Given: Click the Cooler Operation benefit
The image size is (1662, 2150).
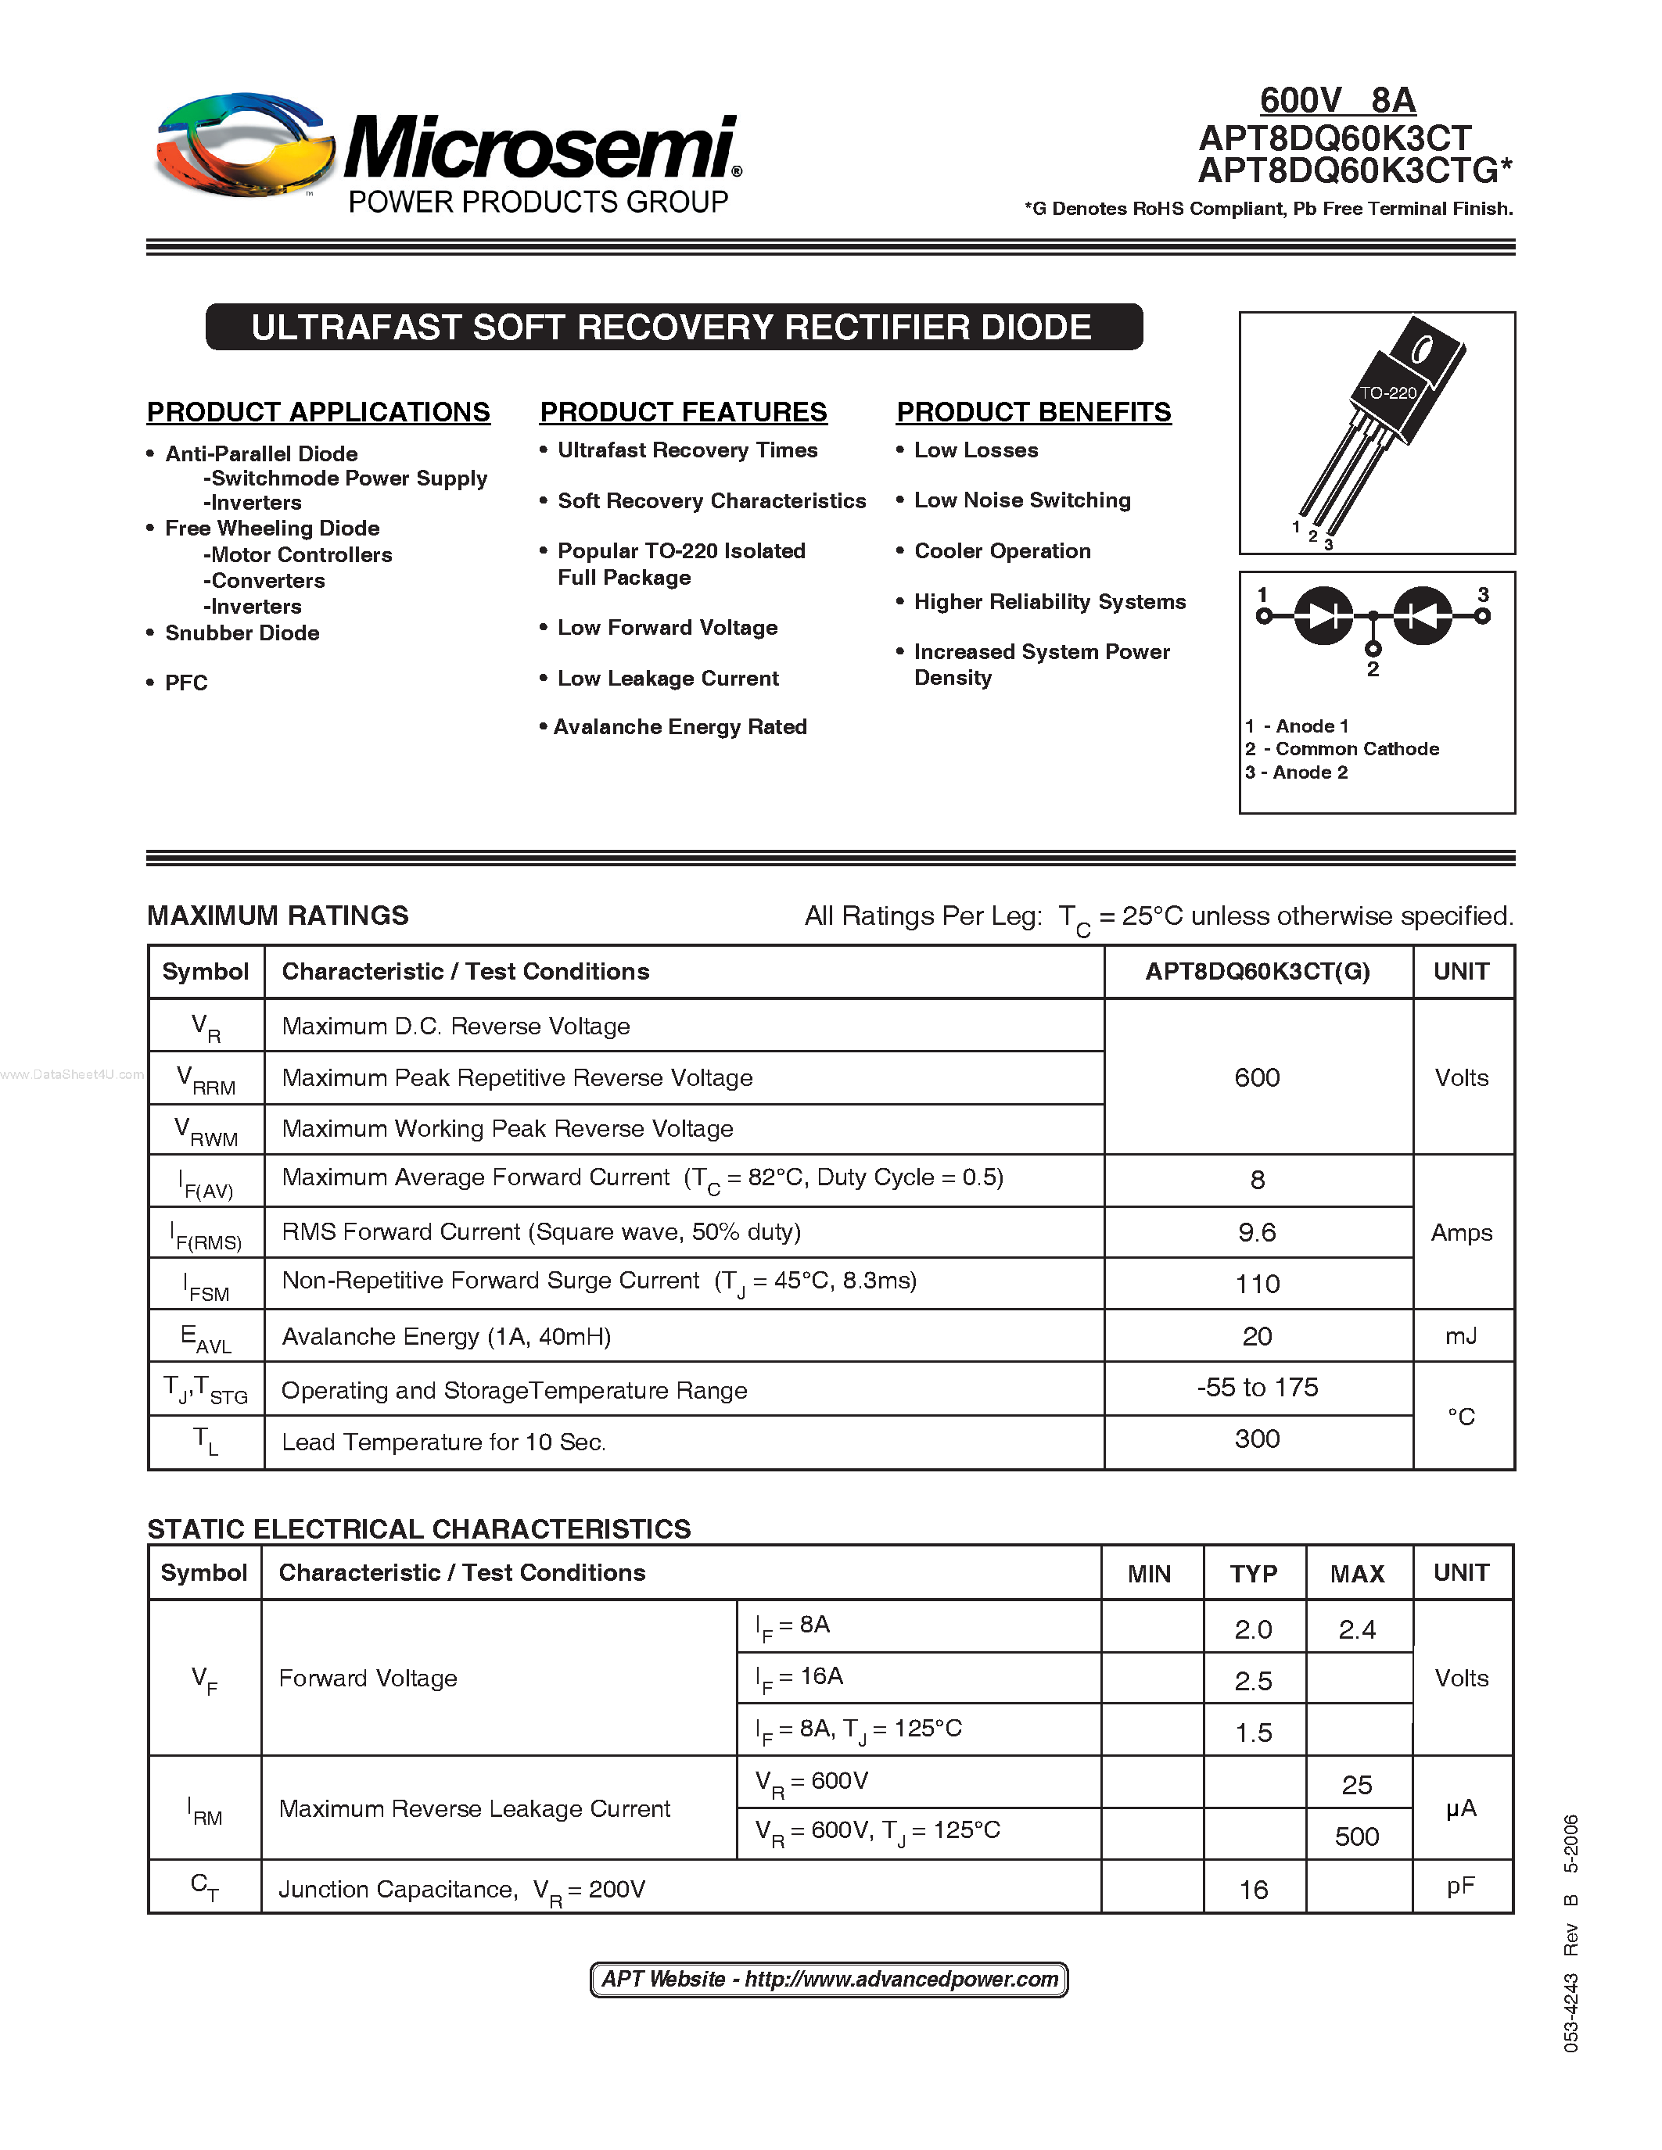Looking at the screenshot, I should (1001, 551).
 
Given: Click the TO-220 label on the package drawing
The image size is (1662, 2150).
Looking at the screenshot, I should (1387, 392).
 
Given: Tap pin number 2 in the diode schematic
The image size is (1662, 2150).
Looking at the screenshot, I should (1373, 668).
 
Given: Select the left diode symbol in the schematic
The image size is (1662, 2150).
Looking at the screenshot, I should (1323, 616).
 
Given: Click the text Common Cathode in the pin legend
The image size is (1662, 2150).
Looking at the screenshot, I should (1357, 749).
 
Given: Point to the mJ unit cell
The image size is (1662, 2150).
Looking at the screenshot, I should (1461, 1336).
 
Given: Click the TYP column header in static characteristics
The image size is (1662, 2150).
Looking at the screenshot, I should (1252, 1574).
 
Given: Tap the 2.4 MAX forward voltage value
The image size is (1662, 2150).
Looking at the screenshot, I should (1357, 1630).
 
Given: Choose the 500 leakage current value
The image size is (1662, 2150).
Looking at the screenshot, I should (1357, 1837).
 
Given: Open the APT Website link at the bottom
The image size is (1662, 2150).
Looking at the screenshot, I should (829, 1980).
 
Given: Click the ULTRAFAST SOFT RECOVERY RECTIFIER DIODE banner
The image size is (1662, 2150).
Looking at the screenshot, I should (673, 328).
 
